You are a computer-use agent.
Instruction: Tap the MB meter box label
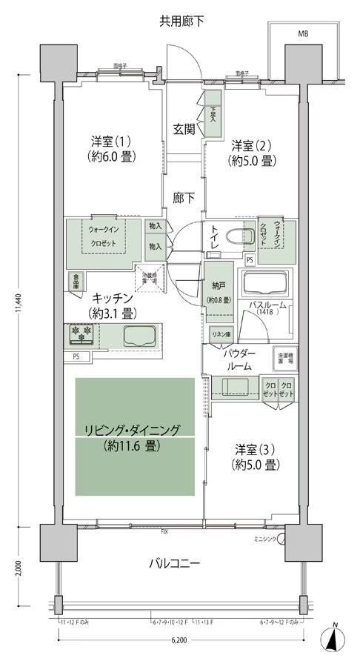(303, 34)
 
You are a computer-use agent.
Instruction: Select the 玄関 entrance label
(184, 129)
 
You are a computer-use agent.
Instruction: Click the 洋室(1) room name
(113, 142)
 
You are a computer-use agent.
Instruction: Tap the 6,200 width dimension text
(179, 638)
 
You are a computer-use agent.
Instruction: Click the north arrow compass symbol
(335, 639)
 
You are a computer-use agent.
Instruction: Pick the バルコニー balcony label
(175, 563)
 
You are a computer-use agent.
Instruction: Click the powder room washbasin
(235, 385)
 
